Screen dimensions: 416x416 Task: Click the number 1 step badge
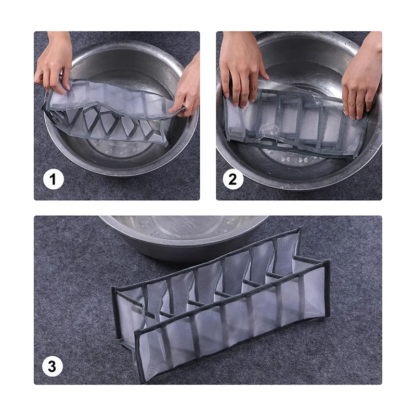pos(54,179)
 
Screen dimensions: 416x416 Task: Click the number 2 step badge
pos(233,179)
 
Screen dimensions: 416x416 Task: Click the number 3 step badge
pos(53,367)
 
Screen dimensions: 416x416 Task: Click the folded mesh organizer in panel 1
pos(111,111)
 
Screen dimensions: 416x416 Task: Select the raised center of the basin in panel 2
pos(294,158)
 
